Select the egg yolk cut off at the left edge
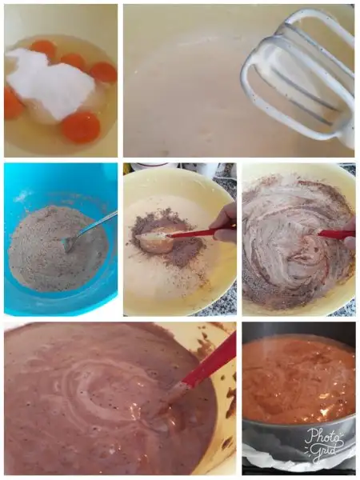pos(13,103)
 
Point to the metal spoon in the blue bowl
pos(89,230)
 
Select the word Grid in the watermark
pos(324,450)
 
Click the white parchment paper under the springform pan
pos(270,464)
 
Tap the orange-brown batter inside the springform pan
pos(298,378)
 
